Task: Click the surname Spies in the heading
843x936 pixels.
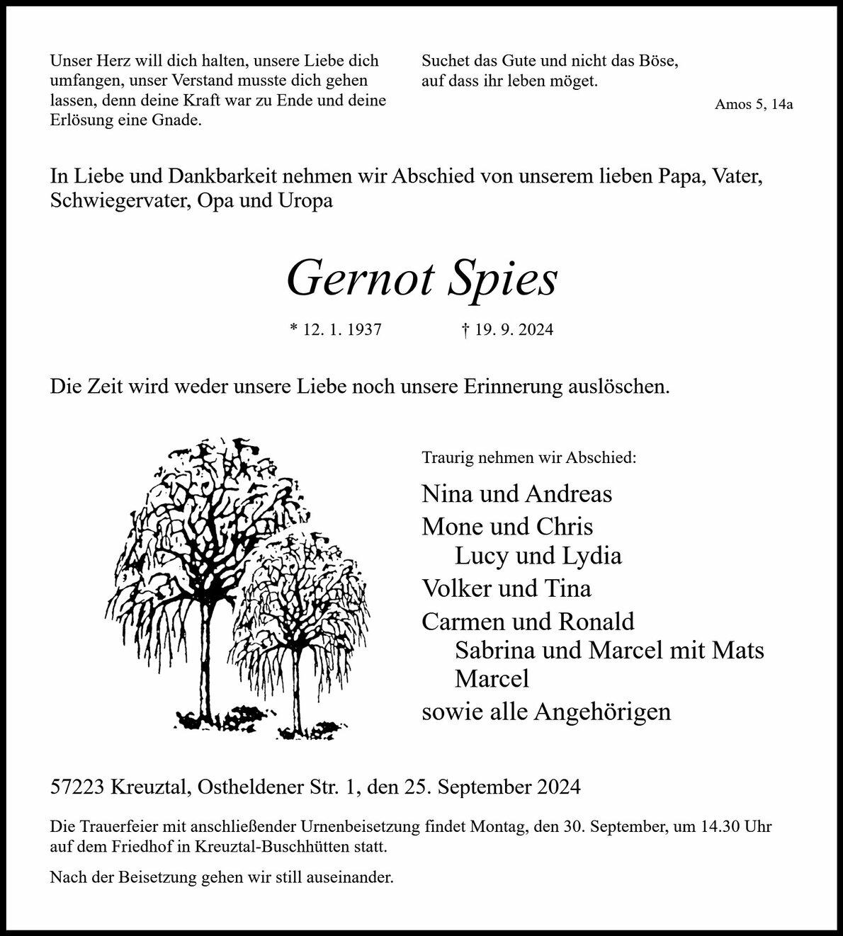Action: click(503, 279)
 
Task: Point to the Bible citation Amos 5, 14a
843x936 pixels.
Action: click(754, 105)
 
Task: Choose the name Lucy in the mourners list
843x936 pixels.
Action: click(481, 556)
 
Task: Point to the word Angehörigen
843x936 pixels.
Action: click(602, 712)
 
